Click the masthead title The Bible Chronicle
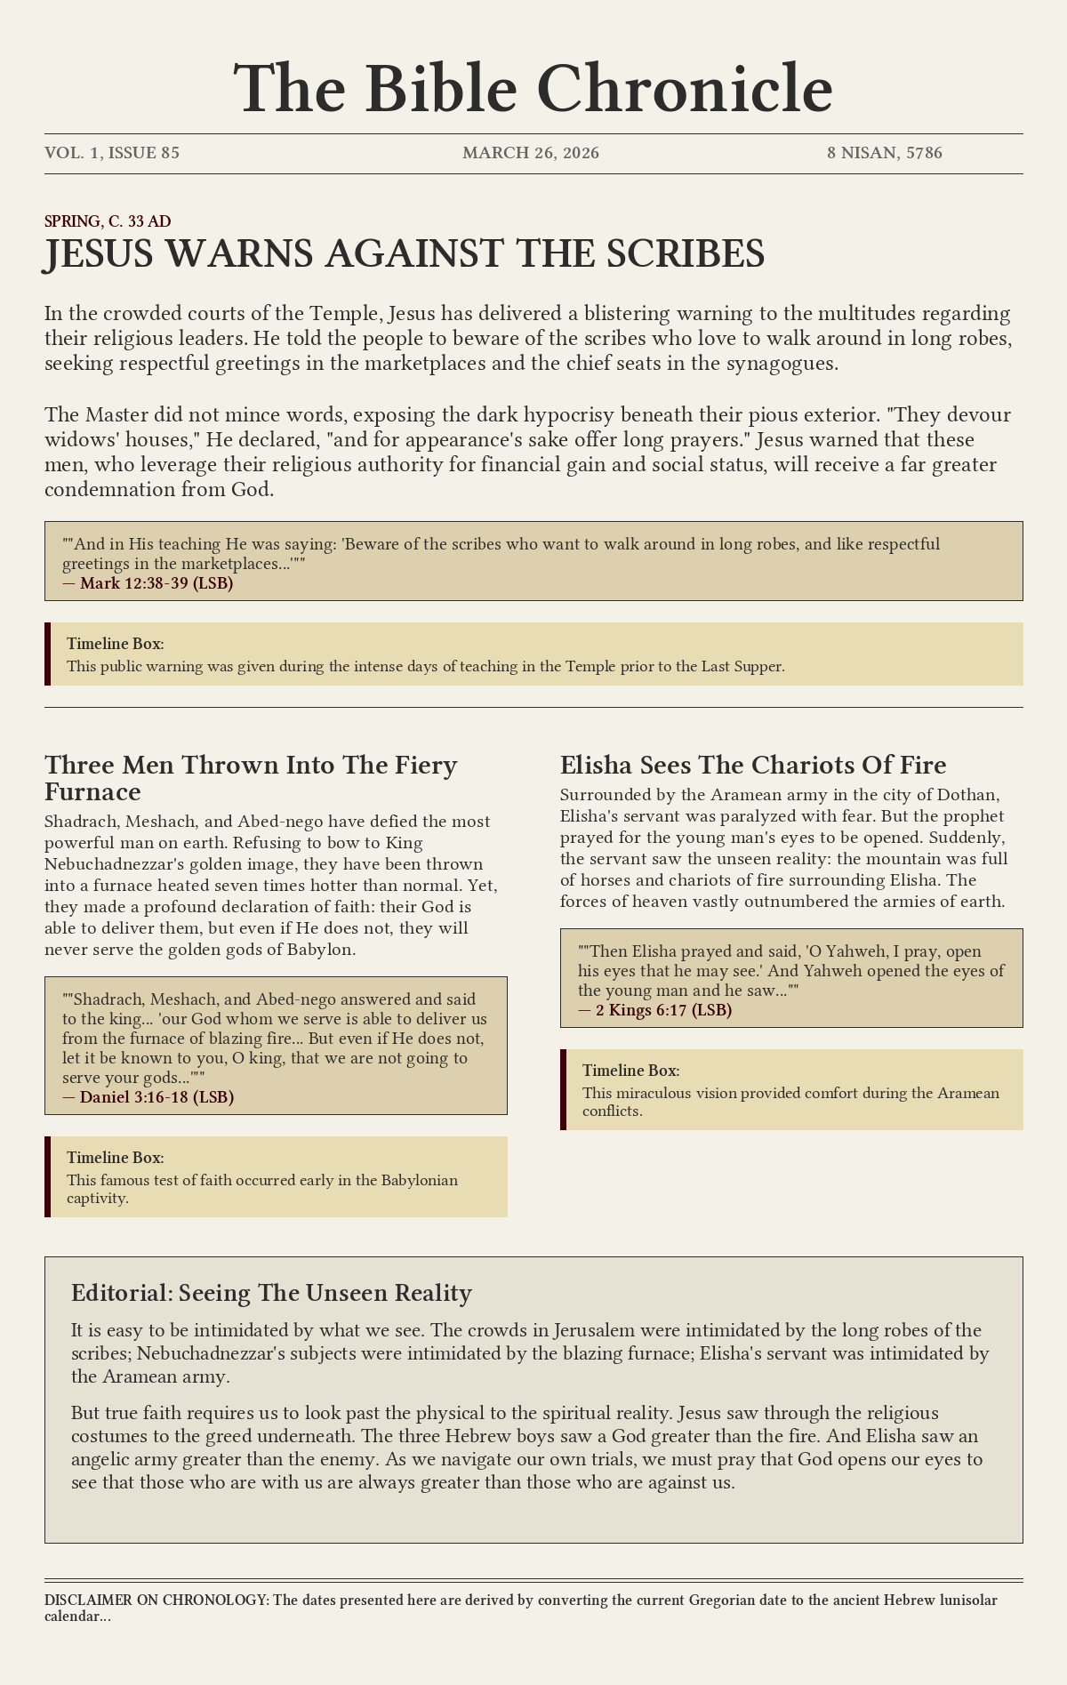[x=533, y=89]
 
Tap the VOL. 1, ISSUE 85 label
[x=112, y=153]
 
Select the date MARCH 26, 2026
[x=531, y=153]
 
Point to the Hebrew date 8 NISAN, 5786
[x=885, y=153]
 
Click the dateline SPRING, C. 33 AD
[x=108, y=221]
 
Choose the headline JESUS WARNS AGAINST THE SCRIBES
[x=405, y=254]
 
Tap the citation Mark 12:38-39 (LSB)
[x=156, y=583]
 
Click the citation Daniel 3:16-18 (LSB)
[x=156, y=1096]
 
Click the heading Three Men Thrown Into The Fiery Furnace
[x=251, y=778]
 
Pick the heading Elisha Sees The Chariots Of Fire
[x=753, y=765]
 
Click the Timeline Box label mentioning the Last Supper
[x=116, y=644]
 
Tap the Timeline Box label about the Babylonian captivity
[x=116, y=1158]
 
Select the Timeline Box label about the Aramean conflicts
[x=631, y=1071]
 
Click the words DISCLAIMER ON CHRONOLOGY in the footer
[x=156, y=1600]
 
